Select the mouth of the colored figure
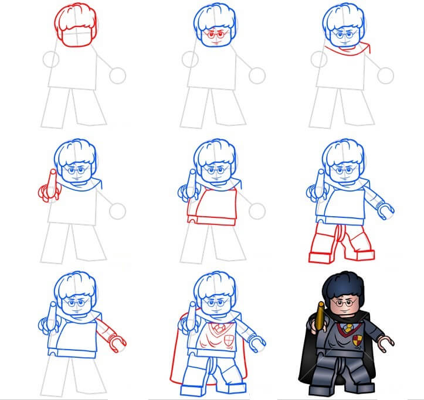click(x=347, y=312)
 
